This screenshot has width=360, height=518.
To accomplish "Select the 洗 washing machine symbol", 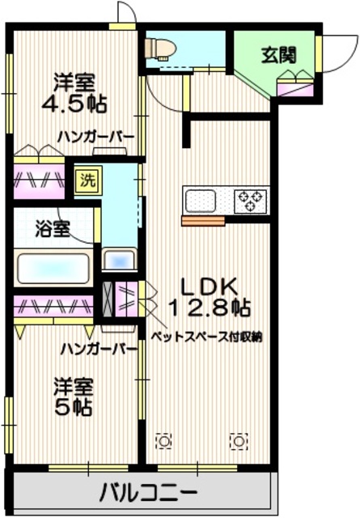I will point(86,180).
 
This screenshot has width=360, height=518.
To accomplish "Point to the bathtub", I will point(53,266).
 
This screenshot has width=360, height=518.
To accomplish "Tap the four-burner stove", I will point(251,199).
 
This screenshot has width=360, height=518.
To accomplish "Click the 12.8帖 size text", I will point(209,308).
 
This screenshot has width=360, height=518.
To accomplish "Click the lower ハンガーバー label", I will point(97,349).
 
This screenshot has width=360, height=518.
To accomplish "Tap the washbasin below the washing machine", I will point(119,261).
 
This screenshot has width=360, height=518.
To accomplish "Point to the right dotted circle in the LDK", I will point(238,441).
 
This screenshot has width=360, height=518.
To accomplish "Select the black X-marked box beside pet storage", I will point(110,299).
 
